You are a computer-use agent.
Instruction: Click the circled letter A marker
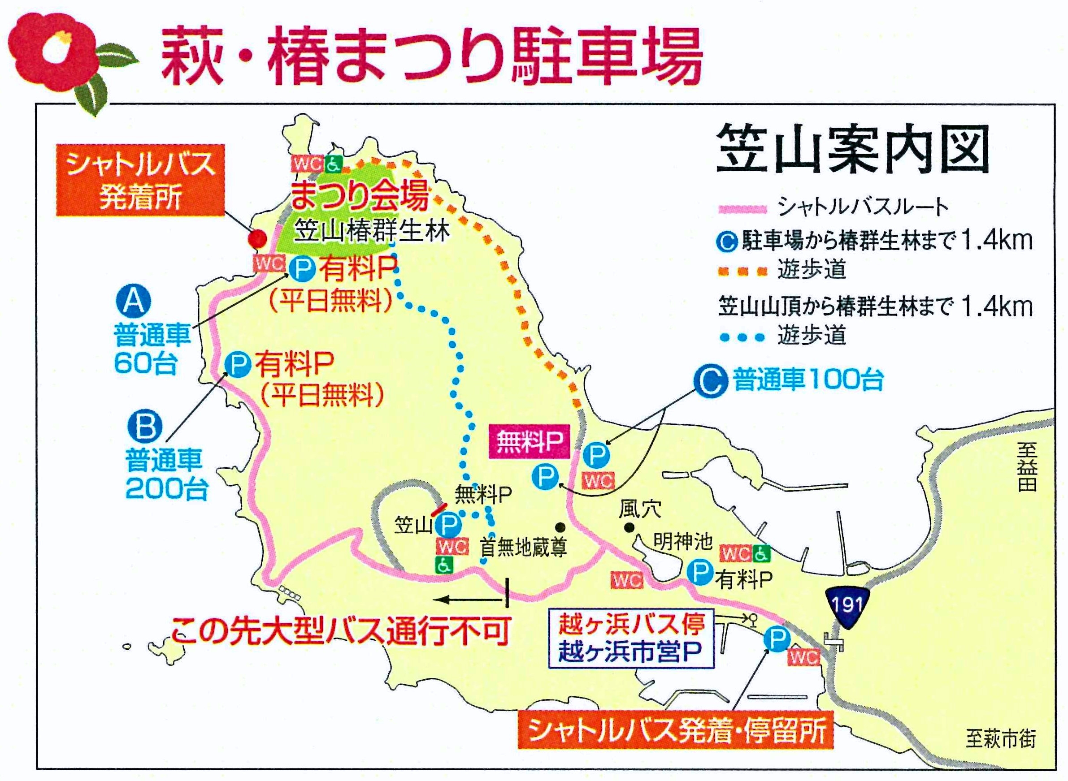click(x=133, y=302)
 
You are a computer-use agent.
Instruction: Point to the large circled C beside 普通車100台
click(x=710, y=381)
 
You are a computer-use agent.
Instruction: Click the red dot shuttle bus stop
click(x=258, y=239)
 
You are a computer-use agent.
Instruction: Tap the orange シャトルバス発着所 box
click(x=140, y=181)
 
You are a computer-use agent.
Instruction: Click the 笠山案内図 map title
click(x=852, y=150)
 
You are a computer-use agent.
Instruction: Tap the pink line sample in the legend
click(x=742, y=208)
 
